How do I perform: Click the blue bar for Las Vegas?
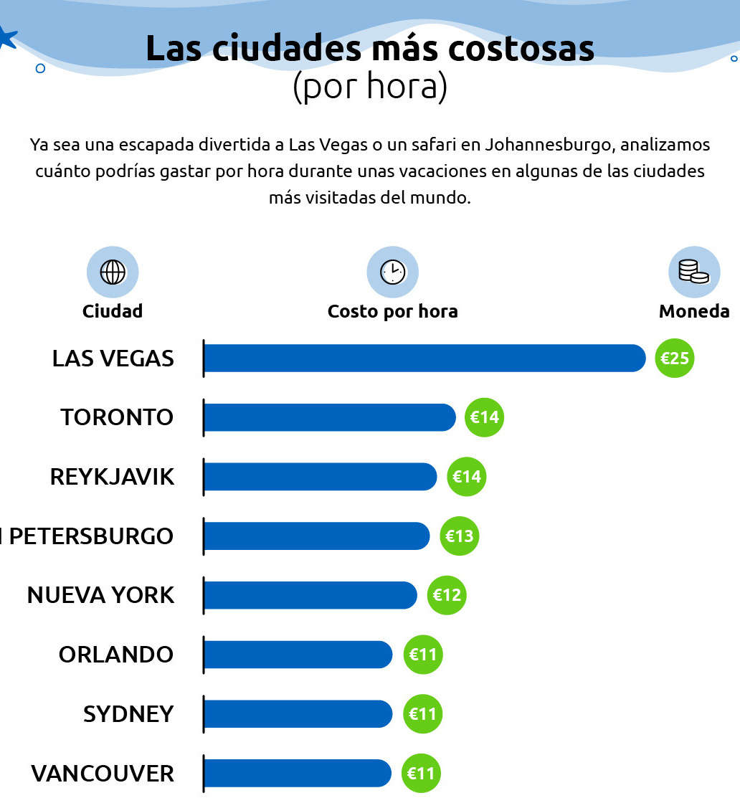[x=424, y=358]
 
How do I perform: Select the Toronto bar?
[x=330, y=417]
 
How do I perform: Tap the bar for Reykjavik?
[x=320, y=477]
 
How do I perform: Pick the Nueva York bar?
[x=310, y=595]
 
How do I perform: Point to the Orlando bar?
[x=298, y=655]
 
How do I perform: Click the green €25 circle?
[x=674, y=358]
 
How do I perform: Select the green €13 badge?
[x=459, y=536]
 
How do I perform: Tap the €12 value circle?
[x=447, y=595]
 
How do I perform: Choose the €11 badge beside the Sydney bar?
[x=422, y=714]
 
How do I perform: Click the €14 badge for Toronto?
[x=484, y=417]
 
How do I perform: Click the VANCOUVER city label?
[x=103, y=774]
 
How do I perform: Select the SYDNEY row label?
[x=129, y=714]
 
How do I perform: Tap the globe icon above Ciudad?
[x=113, y=272]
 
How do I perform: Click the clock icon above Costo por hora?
[x=392, y=272]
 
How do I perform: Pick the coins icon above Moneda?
[x=693, y=272]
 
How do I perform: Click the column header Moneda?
[x=694, y=311]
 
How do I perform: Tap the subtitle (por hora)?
[x=370, y=87]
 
